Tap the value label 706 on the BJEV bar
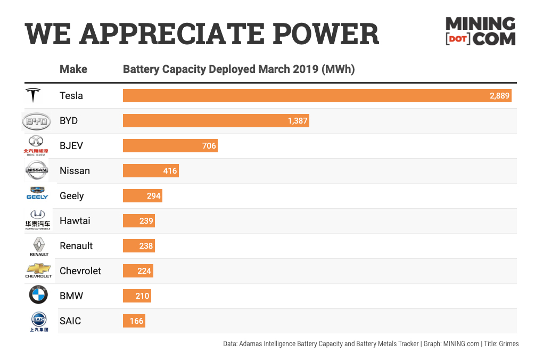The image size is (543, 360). (209, 146)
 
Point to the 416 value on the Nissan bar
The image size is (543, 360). (170, 171)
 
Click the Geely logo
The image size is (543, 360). (37, 193)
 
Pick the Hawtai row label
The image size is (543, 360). (75, 221)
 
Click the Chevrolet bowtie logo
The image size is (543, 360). (39, 268)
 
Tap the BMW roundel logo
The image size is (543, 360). (38, 296)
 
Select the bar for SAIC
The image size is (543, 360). (134, 321)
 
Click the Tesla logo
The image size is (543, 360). (34, 96)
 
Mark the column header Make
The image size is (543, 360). (73, 69)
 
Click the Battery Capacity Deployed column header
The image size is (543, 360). (239, 69)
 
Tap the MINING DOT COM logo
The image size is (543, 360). (480, 31)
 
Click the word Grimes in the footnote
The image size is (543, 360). (508, 344)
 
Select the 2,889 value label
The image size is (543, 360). (500, 96)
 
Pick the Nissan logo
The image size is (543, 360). (37, 170)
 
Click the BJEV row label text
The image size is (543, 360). (71, 146)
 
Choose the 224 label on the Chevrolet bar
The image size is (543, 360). (144, 271)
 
